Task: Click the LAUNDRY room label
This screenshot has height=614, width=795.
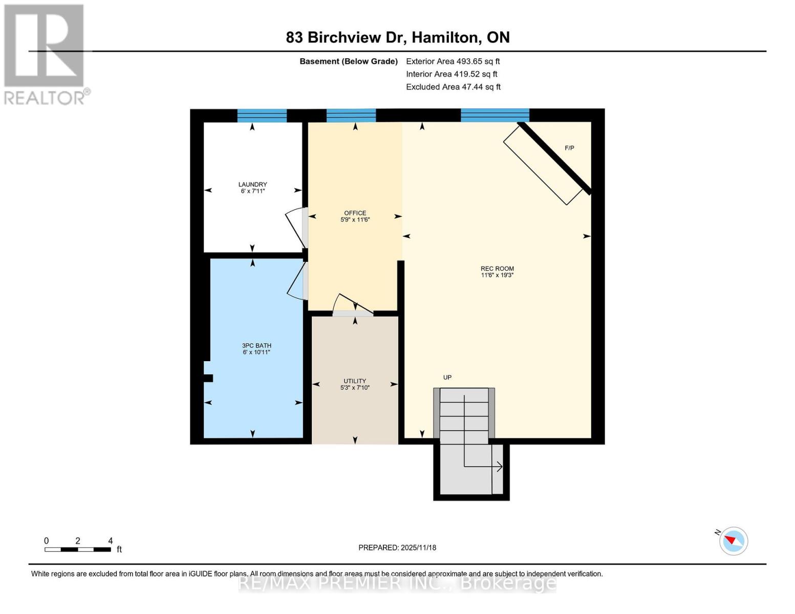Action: [252, 184]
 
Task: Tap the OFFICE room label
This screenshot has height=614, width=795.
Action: [355, 213]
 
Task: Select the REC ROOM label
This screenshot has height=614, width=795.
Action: [497, 269]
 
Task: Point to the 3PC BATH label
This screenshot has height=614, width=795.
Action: [256, 345]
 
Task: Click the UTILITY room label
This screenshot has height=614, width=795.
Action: [355, 381]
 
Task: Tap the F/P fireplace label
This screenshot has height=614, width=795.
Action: [569, 148]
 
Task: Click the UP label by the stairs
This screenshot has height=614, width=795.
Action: [447, 378]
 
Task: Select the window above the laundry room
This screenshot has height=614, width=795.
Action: [262, 116]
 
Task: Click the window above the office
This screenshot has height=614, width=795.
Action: [351, 116]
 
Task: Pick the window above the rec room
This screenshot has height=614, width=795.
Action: [495, 115]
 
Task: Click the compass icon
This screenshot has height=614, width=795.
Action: [733, 541]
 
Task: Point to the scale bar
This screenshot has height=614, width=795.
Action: [78, 550]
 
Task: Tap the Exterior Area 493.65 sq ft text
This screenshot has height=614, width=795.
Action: [453, 61]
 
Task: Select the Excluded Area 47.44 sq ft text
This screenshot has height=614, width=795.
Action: [453, 87]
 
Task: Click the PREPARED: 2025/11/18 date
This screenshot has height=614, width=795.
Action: [397, 548]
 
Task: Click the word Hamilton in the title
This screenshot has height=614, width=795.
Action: [446, 38]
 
